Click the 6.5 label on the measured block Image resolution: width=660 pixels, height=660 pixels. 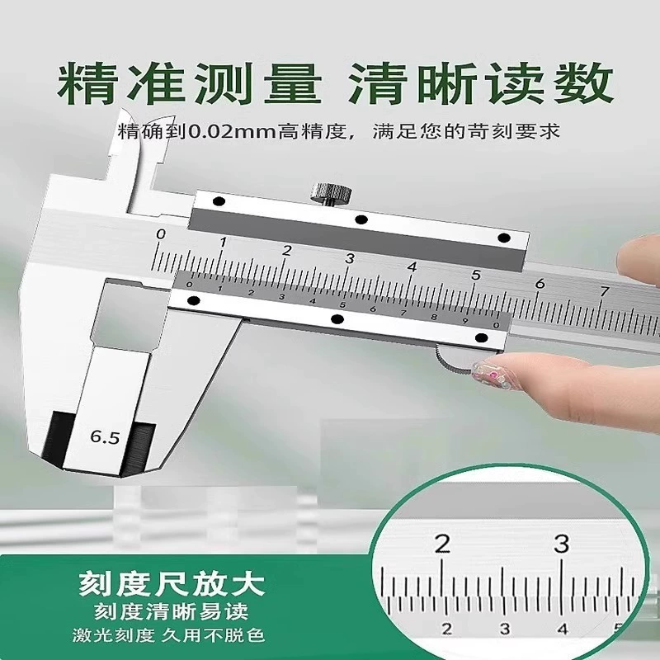point(105,437)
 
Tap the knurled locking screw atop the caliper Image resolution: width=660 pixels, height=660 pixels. point(331,194)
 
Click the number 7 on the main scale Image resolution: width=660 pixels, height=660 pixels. point(605,291)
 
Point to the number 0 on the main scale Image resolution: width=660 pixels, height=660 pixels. point(160,234)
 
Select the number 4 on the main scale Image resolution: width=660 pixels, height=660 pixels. point(412,266)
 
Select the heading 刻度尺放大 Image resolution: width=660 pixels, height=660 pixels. point(172,583)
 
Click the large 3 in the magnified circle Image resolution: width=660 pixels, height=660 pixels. point(561,544)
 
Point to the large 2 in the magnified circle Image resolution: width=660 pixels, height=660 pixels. point(442,544)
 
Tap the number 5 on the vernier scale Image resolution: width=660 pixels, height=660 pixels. point(342,305)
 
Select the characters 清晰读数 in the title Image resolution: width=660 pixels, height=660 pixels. point(480,83)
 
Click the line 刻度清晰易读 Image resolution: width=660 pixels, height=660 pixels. point(172,611)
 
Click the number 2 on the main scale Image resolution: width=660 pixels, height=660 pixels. point(286,251)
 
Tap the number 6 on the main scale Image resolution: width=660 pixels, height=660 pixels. point(540,283)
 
